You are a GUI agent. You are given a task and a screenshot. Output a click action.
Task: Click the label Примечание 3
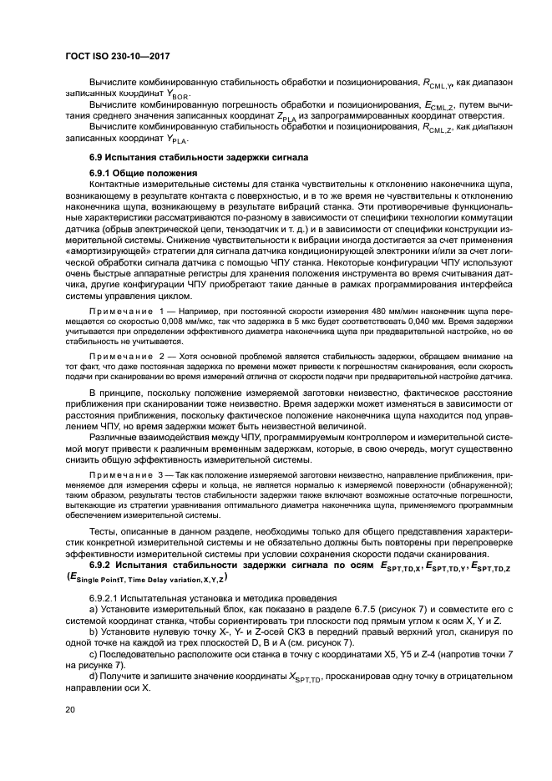[x=125, y=473]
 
